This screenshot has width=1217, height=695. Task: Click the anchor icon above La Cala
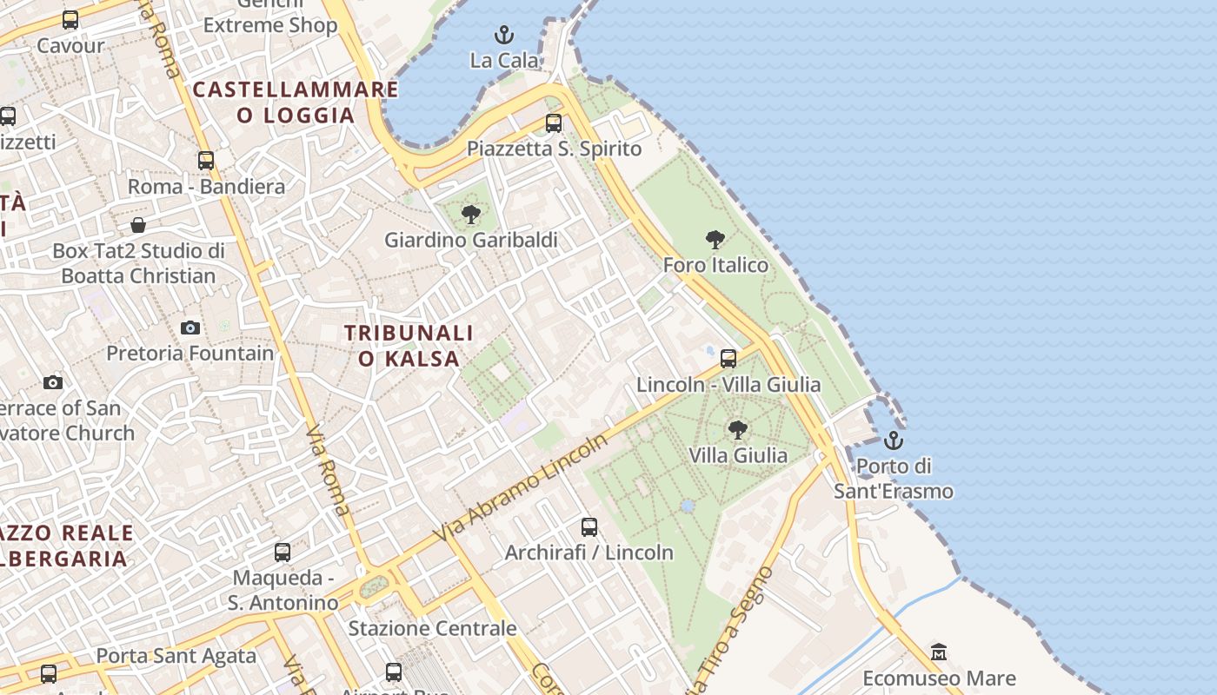tap(504, 35)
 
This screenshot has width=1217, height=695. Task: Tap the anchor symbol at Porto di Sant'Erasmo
tap(894, 440)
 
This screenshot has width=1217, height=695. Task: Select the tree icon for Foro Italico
tap(715, 239)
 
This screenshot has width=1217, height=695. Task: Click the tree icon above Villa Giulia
tap(737, 429)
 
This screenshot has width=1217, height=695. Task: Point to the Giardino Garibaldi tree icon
tap(471, 214)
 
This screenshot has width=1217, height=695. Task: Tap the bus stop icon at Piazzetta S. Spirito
tap(554, 123)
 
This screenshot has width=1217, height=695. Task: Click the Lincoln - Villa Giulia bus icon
tap(728, 358)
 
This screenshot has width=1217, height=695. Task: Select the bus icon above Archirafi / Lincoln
tap(589, 526)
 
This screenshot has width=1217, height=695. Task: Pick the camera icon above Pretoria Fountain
tap(190, 328)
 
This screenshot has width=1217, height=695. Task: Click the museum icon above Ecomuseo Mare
tap(939, 652)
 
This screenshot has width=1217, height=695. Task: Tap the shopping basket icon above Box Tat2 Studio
tap(138, 226)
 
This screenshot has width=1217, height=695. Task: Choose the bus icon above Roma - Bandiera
tap(206, 161)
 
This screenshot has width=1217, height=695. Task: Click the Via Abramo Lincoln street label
tap(521, 487)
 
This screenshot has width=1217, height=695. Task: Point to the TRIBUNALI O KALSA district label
tap(409, 346)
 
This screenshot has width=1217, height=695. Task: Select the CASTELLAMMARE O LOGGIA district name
tap(296, 102)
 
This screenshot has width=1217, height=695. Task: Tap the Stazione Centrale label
tap(432, 627)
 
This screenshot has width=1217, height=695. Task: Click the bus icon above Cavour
tap(70, 19)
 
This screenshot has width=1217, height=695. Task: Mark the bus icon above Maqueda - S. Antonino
tap(283, 553)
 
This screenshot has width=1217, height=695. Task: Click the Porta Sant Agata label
tap(176, 656)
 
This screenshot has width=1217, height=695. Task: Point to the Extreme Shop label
tap(270, 25)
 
